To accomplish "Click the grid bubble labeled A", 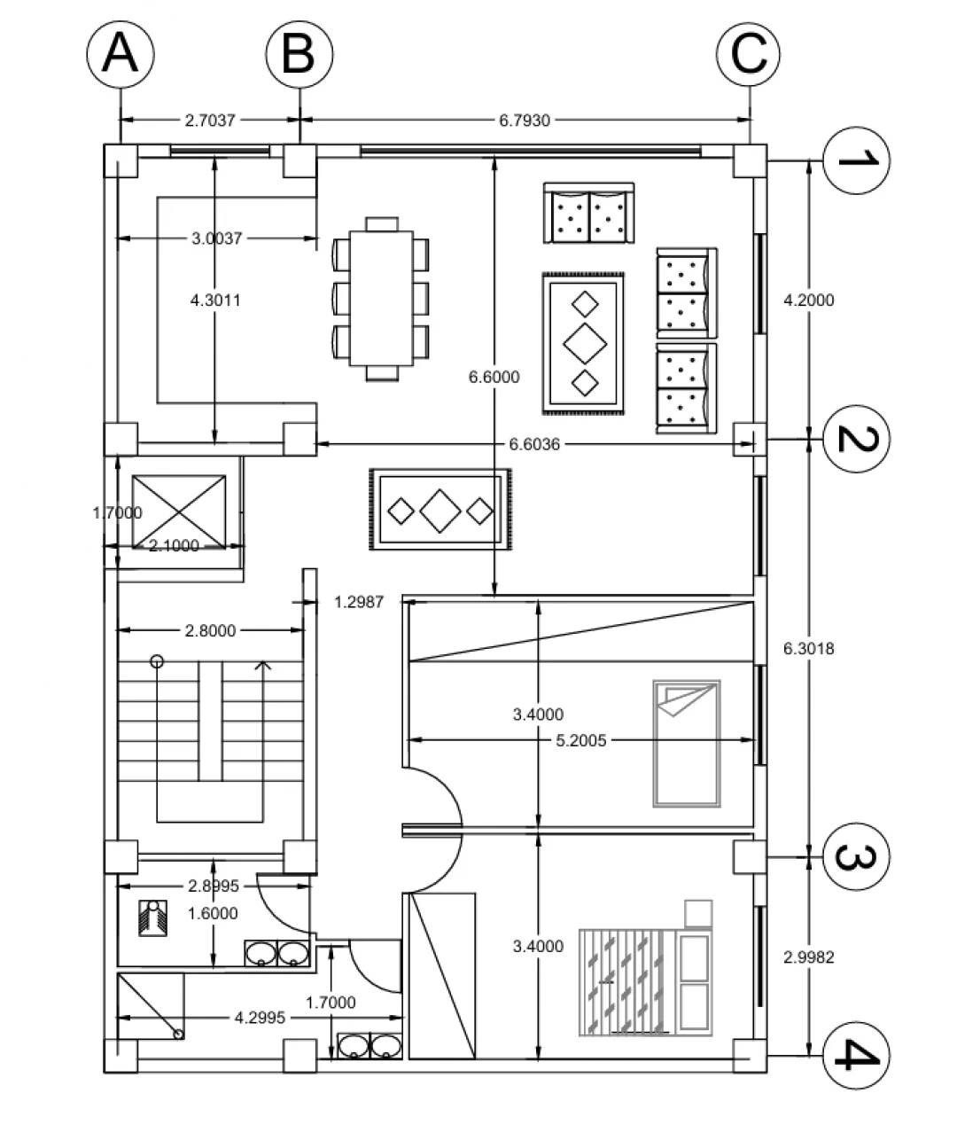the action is (121, 54).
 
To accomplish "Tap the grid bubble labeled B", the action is (300, 54).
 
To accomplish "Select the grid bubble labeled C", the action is (749, 54).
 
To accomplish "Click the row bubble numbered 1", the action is (856, 160).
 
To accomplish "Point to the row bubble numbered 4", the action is (856, 1056).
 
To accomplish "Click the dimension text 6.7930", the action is (525, 120).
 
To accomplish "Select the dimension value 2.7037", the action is (210, 120).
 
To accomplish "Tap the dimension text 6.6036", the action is (534, 444).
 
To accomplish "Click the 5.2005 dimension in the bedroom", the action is (581, 740).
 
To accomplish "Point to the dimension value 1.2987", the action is (359, 602).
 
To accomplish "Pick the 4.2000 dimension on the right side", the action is (808, 300).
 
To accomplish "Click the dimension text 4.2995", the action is (260, 1017).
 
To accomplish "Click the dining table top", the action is (382, 299).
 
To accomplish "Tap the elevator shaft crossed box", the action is (179, 511).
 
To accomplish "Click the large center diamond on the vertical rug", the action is (585, 344).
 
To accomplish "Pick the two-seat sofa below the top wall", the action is (589, 213).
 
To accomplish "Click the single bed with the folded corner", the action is (687, 743).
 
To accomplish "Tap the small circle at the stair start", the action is (157, 661).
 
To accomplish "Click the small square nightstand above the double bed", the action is (698, 913).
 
